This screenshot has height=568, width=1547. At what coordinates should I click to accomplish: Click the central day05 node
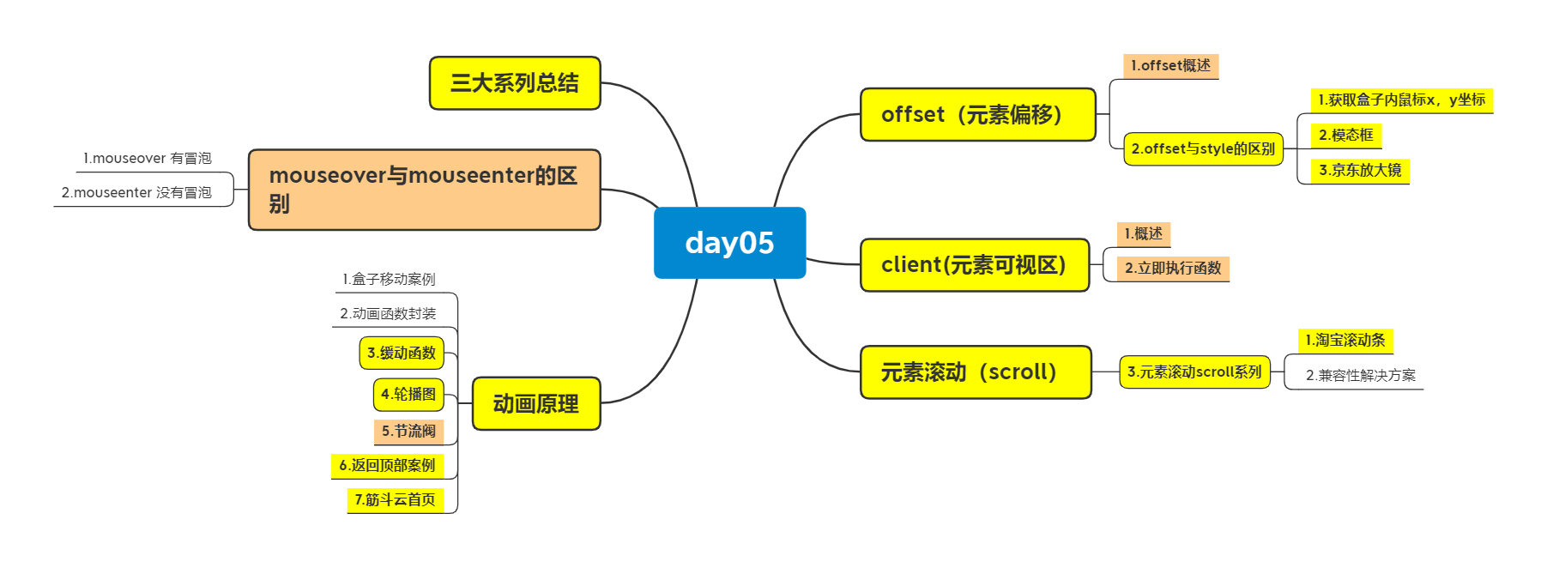tap(729, 243)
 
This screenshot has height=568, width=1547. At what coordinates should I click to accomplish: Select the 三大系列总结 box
tap(515, 83)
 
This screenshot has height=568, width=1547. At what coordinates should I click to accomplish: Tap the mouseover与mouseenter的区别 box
tap(424, 190)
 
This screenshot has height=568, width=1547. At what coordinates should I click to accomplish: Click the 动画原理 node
tap(536, 403)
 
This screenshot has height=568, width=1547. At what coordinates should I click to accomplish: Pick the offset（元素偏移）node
tap(977, 114)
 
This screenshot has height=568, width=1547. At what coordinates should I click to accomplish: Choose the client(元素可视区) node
tap(974, 265)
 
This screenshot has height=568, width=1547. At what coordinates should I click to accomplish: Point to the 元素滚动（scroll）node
tap(975, 372)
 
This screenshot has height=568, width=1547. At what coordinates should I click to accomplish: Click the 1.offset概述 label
tap(1170, 66)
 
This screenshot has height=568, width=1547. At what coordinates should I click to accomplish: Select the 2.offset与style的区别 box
tap(1203, 148)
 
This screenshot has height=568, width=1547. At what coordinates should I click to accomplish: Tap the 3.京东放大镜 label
tap(1360, 170)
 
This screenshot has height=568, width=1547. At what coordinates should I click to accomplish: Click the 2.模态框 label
tap(1346, 135)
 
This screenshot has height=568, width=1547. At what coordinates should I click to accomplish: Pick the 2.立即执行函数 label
tap(1173, 269)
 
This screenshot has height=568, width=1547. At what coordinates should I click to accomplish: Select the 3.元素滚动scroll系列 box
tap(1194, 372)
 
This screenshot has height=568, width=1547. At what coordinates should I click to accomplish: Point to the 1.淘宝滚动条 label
tap(1345, 341)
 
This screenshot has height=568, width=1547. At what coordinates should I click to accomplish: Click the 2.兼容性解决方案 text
tap(1360, 376)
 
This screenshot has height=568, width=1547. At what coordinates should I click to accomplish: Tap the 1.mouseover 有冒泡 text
tap(147, 159)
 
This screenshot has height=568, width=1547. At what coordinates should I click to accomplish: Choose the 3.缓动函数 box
tap(402, 353)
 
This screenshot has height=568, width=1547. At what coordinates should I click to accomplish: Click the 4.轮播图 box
tap(408, 395)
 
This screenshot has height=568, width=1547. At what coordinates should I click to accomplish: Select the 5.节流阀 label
tap(408, 431)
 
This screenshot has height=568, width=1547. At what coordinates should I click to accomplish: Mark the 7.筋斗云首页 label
tap(395, 499)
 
